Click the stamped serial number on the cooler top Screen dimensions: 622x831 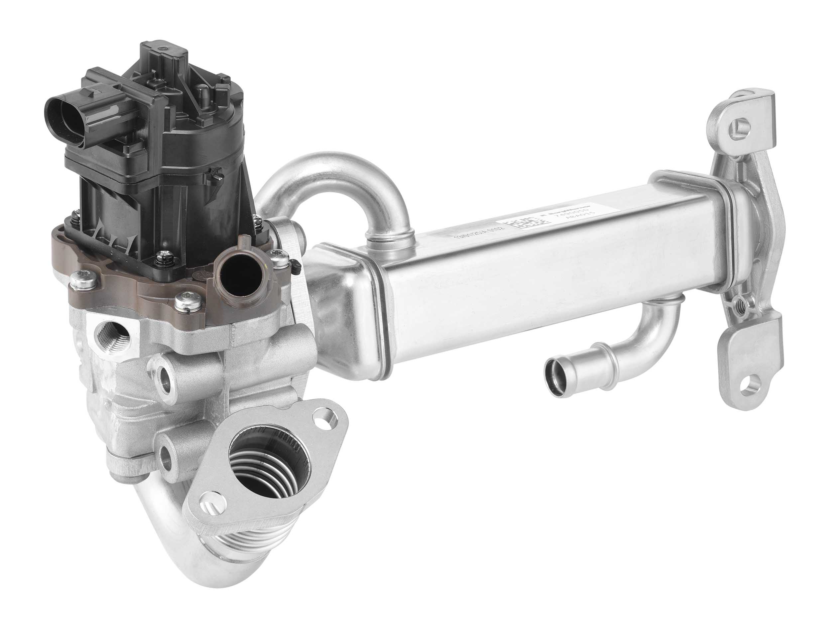click(x=477, y=234)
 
